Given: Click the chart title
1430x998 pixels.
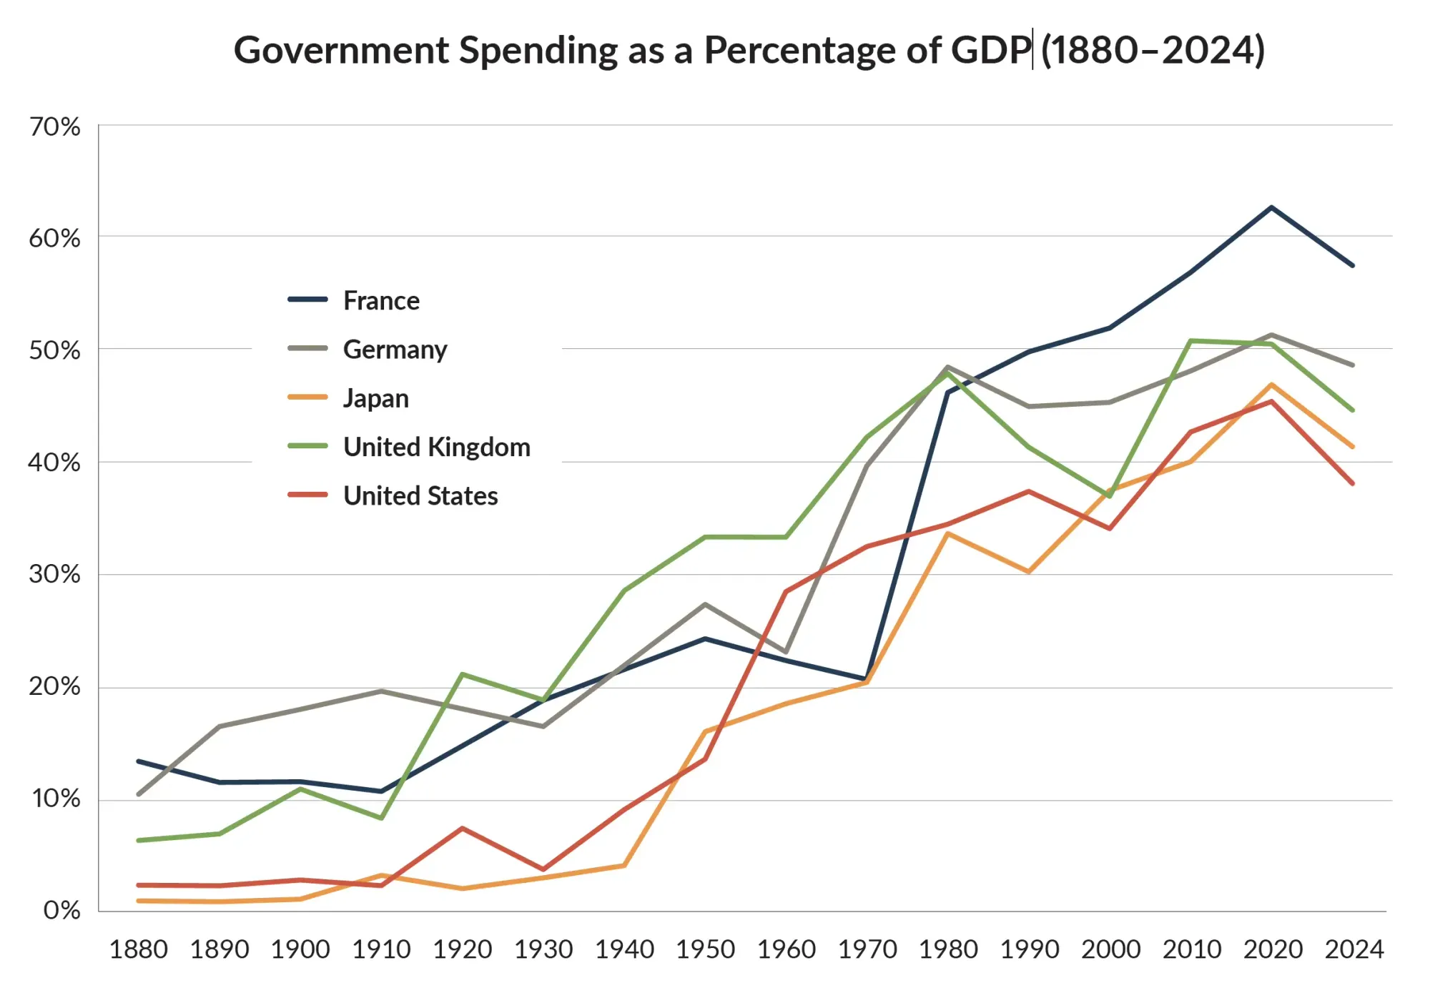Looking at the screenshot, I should click(749, 50).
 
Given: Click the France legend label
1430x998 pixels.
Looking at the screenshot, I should click(381, 301).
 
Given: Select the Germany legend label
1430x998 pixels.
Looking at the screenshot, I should click(395, 350).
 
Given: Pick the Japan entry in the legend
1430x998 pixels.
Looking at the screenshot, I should click(375, 398).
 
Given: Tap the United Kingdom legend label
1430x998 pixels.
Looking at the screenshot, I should click(437, 448).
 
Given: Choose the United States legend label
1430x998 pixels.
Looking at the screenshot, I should click(420, 496).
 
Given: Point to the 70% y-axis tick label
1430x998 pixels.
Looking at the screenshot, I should click(54, 127).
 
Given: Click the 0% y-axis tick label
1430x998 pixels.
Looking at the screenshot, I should click(61, 910).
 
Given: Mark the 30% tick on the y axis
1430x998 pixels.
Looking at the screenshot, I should click(54, 574).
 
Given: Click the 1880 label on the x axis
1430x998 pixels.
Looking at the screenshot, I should click(138, 949).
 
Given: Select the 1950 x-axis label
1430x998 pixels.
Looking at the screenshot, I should click(705, 949).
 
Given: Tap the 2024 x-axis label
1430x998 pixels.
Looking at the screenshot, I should click(1353, 949).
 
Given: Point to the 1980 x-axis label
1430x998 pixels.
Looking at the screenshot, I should click(948, 949).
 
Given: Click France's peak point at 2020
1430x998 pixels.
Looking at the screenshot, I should click(1272, 207).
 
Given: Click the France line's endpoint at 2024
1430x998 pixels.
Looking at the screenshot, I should click(1353, 265).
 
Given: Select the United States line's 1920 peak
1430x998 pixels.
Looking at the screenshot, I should click(463, 828).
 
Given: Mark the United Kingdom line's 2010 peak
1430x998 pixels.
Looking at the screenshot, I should click(1191, 340).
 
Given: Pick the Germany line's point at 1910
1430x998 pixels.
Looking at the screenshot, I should click(381, 691).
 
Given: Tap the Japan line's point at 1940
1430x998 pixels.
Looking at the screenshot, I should click(624, 866).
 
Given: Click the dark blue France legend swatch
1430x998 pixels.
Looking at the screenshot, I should click(307, 300).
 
